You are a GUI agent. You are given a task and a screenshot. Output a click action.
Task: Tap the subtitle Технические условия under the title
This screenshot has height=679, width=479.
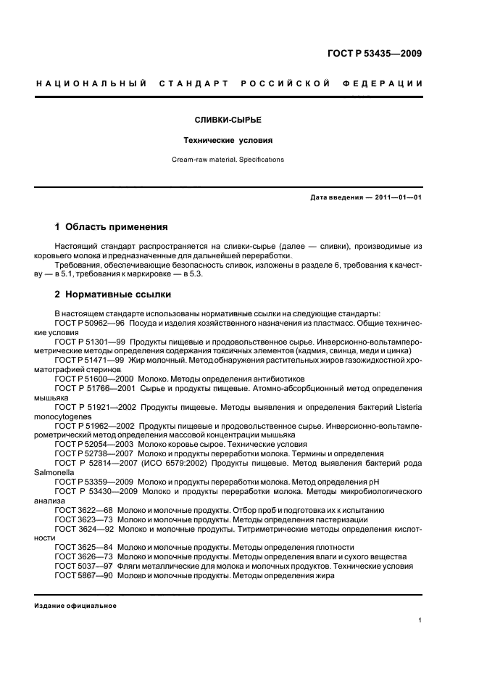coord(239,140)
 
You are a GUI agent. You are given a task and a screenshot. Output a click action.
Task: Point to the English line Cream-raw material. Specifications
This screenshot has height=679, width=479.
coord(239,159)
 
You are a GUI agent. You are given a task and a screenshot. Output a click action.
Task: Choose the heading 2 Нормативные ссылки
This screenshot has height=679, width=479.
coord(113,295)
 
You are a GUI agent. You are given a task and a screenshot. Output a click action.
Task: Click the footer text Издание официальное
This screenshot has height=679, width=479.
coord(75,606)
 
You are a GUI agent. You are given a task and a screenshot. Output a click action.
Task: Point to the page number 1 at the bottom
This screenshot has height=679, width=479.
coord(420,620)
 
